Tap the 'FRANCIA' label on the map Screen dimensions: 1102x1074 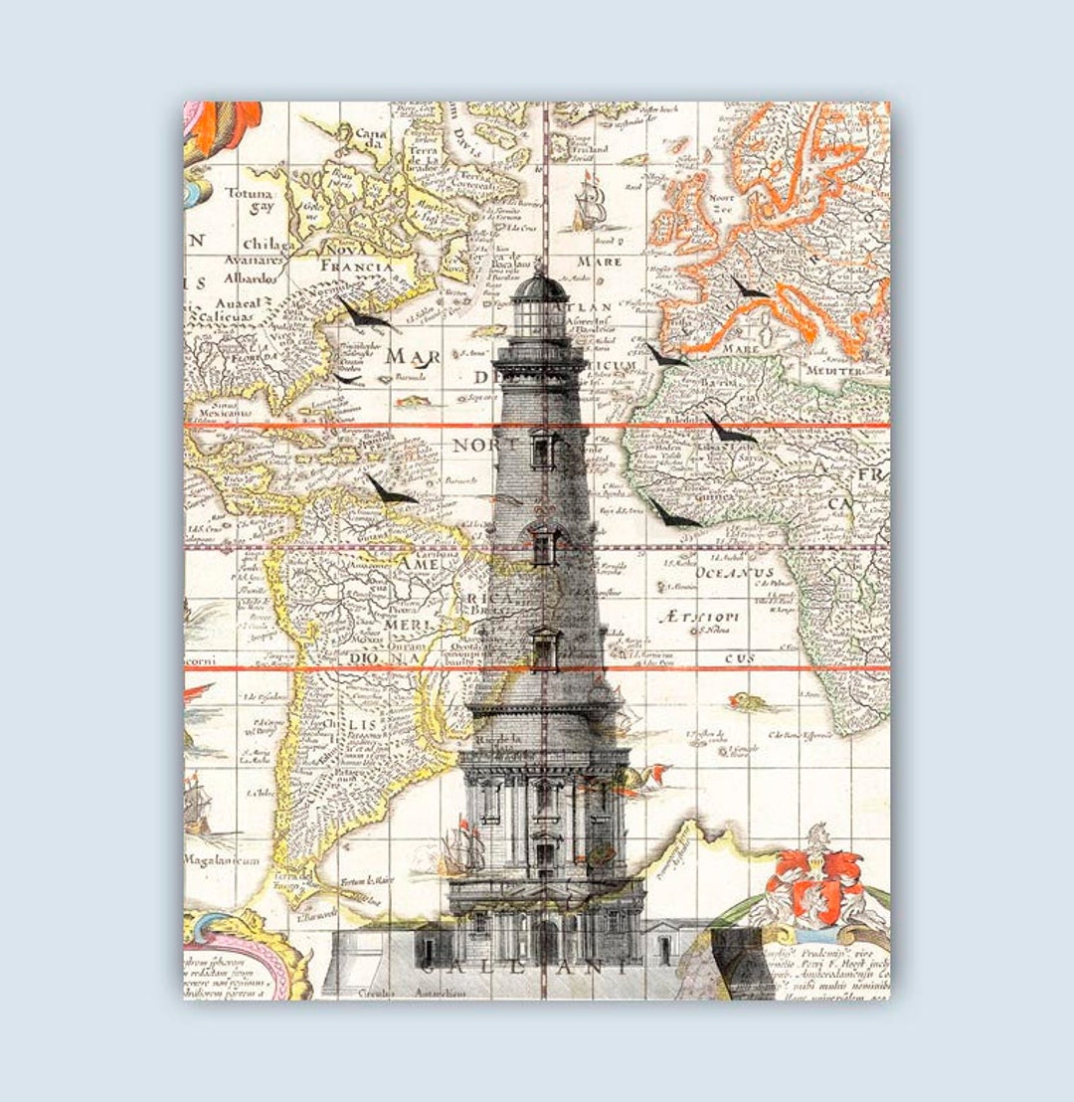click(x=356, y=266)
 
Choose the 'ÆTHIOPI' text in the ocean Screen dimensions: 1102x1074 click(x=699, y=617)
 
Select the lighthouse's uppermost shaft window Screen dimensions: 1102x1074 click(x=543, y=450)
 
